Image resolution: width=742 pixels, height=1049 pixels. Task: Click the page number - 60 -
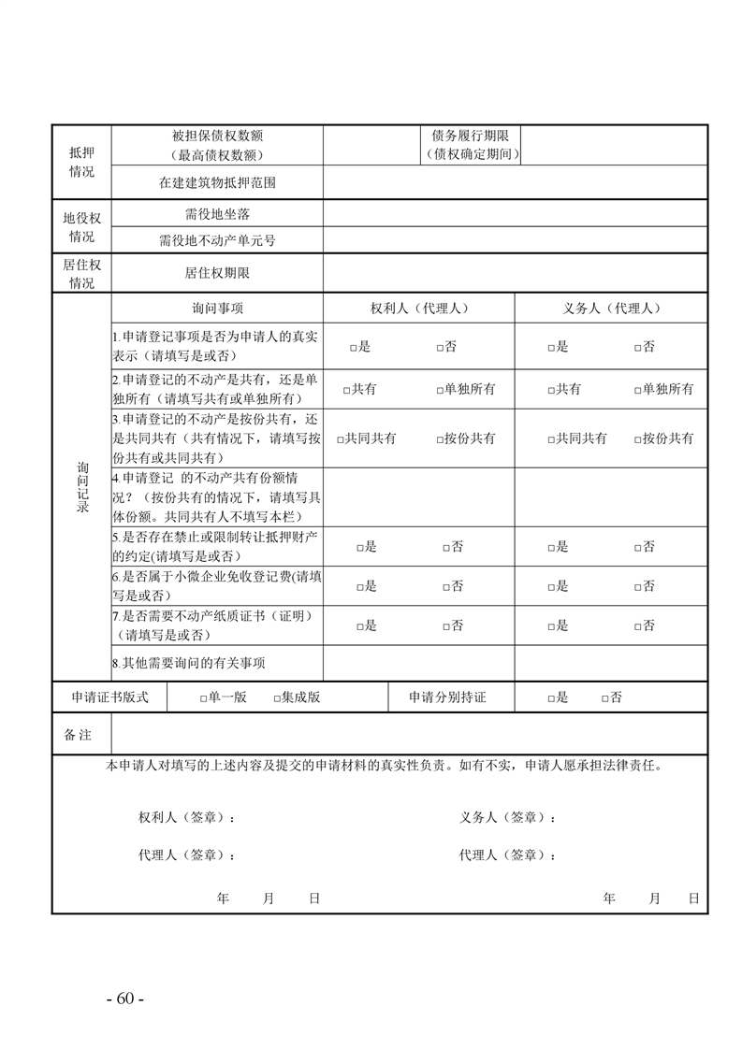click(124, 999)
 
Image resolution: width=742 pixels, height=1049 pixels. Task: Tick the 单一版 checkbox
click(203, 698)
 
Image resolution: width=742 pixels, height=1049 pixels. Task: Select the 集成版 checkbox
click(277, 698)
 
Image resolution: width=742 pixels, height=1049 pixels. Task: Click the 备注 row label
click(79, 735)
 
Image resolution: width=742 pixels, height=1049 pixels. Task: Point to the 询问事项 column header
click(217, 308)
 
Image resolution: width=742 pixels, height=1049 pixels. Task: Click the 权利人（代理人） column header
click(418, 308)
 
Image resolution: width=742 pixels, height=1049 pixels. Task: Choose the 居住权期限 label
click(217, 274)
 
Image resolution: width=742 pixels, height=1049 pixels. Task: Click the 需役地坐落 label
click(217, 214)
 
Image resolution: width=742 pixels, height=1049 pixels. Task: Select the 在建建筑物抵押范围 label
click(217, 183)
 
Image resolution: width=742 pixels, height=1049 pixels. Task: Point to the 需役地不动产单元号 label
click(217, 240)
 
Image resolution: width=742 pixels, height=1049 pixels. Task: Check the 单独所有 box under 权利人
click(440, 390)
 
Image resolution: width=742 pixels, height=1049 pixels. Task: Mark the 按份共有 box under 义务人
click(637, 438)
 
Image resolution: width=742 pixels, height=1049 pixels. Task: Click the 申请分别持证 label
click(447, 697)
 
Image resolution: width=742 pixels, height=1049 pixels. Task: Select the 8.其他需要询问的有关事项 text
click(188, 663)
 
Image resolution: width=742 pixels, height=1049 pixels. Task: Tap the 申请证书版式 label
click(109, 697)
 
